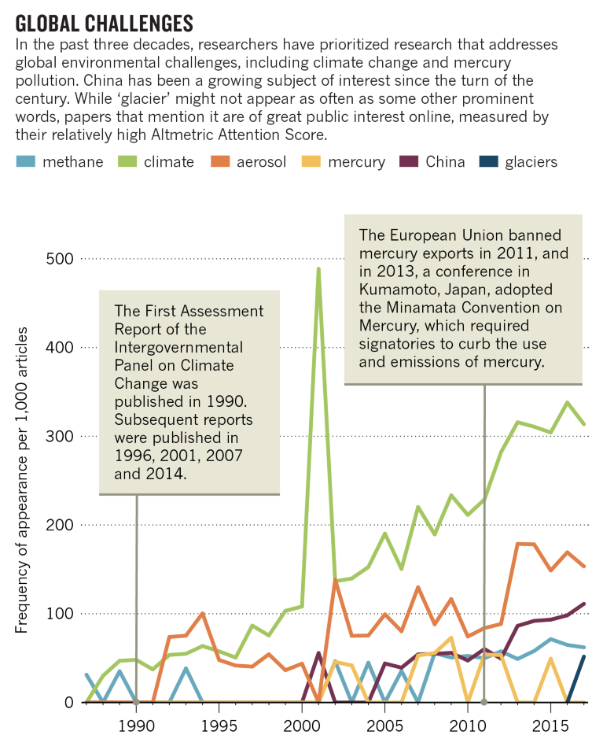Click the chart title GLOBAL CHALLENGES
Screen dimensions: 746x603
105,19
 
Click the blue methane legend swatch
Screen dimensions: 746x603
27,162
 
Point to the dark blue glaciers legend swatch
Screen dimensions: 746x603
490,162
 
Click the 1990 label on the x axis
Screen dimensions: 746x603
137,724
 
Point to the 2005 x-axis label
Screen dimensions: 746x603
384,724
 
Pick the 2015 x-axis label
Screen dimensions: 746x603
550,724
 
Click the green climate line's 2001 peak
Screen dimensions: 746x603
318,268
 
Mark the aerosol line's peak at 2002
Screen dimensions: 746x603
335,580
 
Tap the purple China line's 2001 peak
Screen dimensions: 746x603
318,652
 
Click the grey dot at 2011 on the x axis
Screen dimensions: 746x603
484,702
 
